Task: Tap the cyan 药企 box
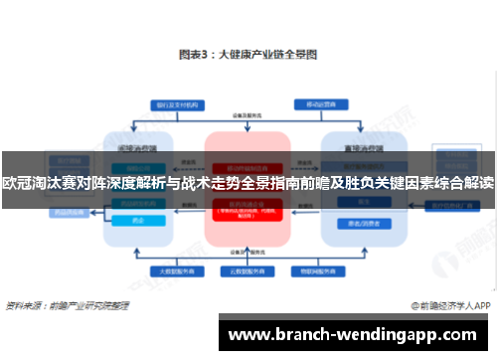pos(138,220)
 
